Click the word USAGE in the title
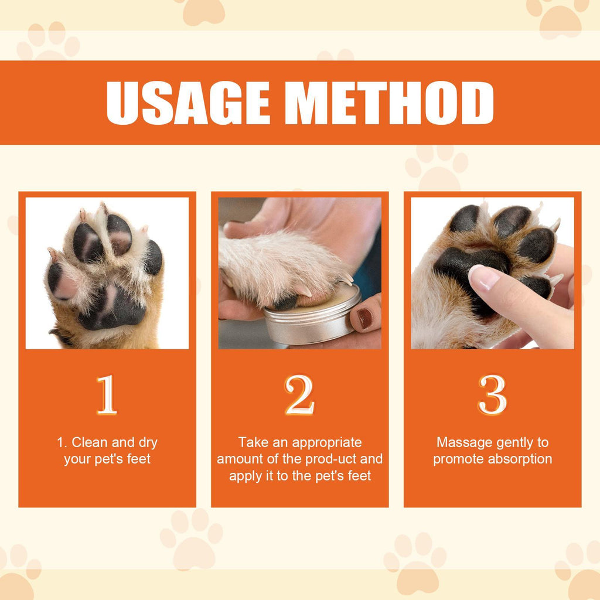(188, 103)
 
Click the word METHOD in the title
(393, 103)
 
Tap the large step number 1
(107, 396)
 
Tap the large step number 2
(300, 396)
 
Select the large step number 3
(492, 396)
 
